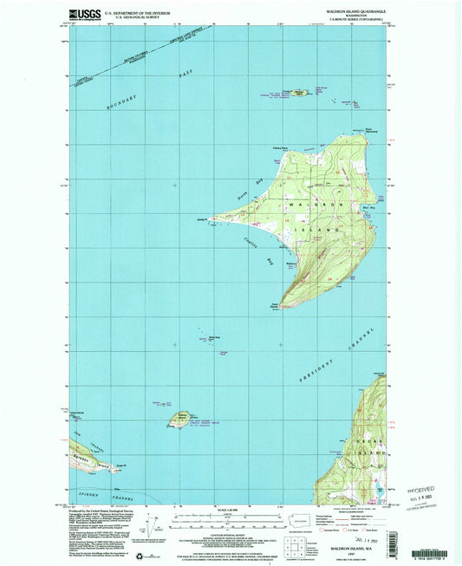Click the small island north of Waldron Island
300,90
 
